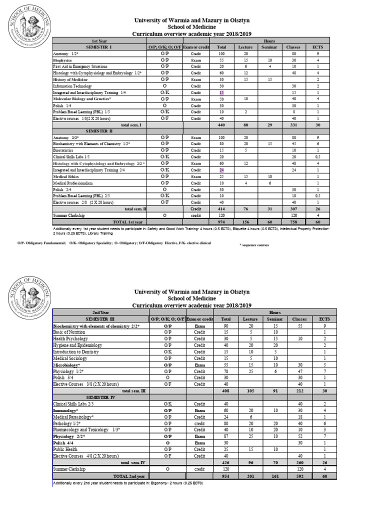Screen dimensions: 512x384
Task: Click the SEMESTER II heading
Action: point(99,130)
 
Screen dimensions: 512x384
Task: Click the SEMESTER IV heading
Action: point(99,396)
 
